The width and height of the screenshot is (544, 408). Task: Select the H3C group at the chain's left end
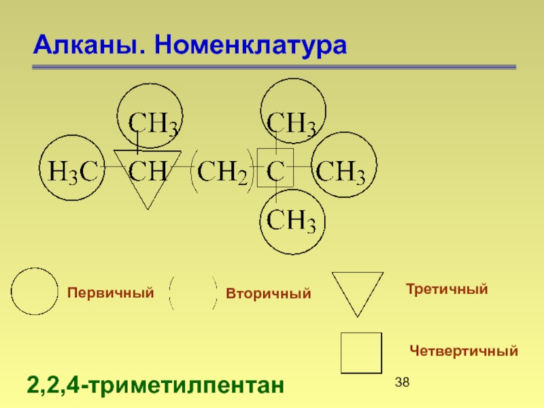pos(71,173)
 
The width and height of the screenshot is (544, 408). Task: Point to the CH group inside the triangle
pos(148,173)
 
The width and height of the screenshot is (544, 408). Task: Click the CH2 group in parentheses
pos(222,174)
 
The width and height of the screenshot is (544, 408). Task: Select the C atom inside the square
pos(275,173)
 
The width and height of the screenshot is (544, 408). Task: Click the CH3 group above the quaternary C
pos(290,124)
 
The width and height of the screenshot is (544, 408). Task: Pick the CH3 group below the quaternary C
pos(291,221)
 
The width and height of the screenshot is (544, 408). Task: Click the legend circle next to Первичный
pos(35,292)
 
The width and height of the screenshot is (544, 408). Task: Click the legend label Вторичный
pos(268,294)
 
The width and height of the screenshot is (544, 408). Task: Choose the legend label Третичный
pos(447,290)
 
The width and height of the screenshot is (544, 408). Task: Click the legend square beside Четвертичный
pos(361,353)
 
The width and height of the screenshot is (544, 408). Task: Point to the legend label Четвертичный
pos(464,351)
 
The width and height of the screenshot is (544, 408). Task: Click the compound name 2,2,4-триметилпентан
pos(154,386)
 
